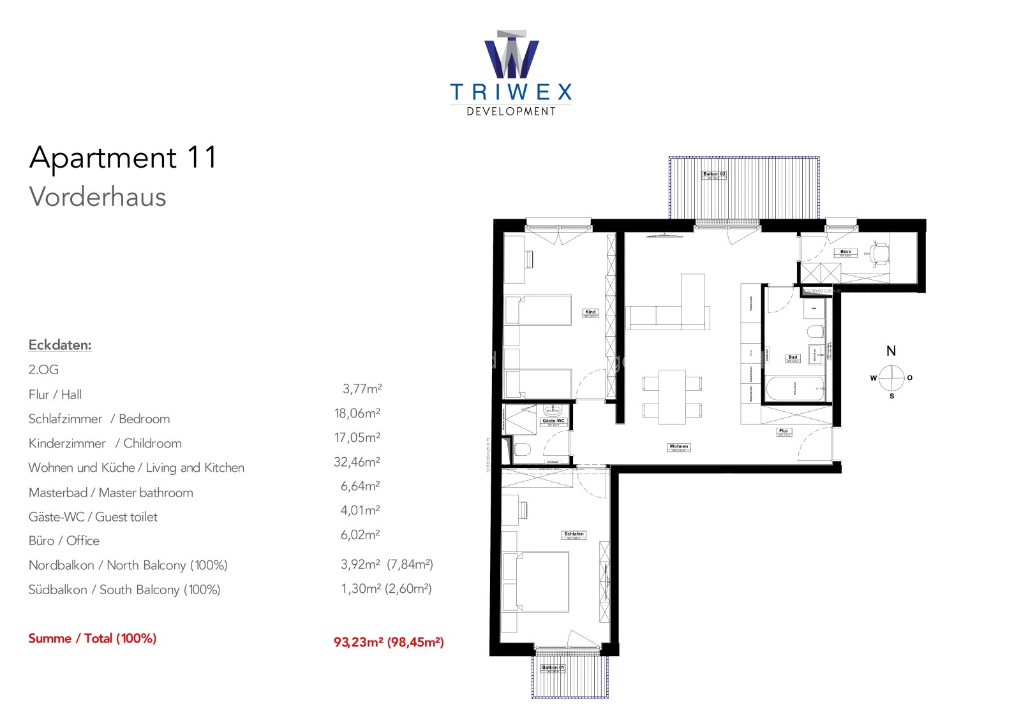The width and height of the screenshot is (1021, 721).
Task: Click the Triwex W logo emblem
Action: [511, 55]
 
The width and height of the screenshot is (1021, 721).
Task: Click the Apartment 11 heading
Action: [123, 157]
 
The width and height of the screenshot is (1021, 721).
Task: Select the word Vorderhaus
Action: [98, 197]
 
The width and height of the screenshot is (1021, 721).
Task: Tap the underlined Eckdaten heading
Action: [60, 345]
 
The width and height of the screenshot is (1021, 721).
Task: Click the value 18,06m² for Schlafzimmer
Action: [357, 413]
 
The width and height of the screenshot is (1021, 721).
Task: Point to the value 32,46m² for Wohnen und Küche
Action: [357, 462]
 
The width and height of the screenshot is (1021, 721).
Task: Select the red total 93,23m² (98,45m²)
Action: [389, 642]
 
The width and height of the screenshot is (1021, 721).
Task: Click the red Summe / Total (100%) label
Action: [93, 638]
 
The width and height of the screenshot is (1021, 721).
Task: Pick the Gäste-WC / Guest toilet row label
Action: [93, 517]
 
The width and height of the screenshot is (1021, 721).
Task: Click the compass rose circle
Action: [891, 378]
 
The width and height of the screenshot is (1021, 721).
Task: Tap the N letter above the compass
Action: [891, 351]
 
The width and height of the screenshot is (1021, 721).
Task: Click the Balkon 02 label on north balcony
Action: [714, 174]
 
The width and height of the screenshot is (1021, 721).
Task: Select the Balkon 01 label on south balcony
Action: [553, 668]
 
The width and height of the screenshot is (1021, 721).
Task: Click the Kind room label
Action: [590, 312]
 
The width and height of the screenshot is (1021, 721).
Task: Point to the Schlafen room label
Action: [574, 534]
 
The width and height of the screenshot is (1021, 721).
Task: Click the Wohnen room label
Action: [679, 447]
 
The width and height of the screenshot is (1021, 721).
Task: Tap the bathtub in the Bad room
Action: [794, 389]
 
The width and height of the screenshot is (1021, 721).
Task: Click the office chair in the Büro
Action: [881, 253]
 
